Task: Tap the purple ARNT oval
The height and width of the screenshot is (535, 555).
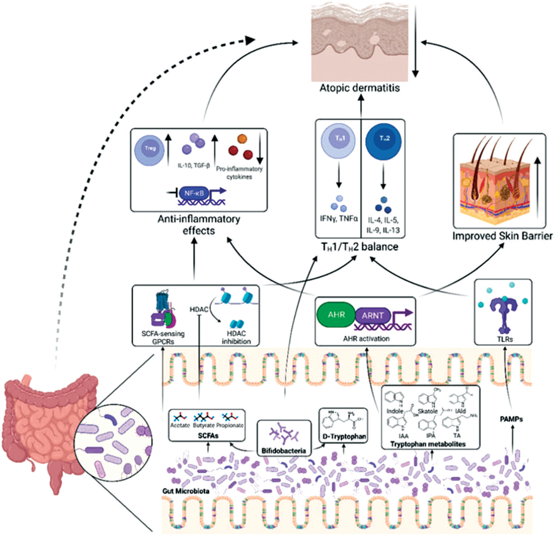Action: [372, 315]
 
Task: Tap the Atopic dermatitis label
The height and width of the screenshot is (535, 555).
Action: [360, 88]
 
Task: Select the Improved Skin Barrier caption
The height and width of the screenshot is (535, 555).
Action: [502, 236]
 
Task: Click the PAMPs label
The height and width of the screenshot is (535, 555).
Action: [511, 419]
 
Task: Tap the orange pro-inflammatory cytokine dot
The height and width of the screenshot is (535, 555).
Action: [242, 139]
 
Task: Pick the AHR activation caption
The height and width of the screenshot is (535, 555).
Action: [366, 338]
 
